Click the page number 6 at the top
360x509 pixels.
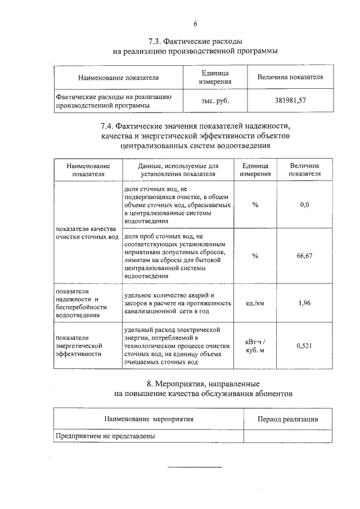195,24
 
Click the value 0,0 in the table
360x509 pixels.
304,205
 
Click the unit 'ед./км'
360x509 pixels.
255,303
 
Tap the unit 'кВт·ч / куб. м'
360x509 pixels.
255,346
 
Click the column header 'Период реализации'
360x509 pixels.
287,419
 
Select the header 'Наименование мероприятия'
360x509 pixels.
148,419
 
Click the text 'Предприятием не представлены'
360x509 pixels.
105,435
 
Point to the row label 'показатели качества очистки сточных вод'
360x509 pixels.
85,233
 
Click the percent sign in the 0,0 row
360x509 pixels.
255,205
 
